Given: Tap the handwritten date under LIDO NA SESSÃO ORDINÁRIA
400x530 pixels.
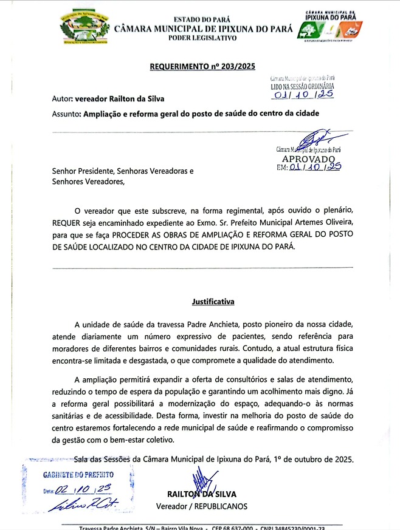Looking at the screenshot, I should coord(302,95).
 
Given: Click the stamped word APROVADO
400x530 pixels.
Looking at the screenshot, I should coord(308,158).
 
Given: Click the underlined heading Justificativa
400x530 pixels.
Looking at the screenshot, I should coord(213,301).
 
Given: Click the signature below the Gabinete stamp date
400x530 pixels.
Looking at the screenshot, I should coord(78,504).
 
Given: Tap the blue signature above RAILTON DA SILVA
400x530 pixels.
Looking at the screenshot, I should coord(200,479).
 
